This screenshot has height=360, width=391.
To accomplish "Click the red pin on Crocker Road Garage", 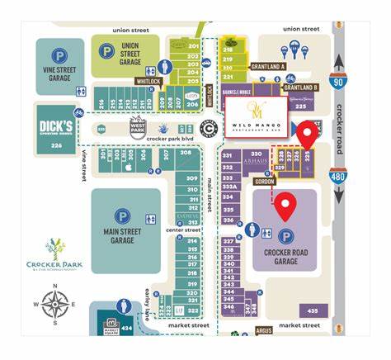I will (x=285, y=205).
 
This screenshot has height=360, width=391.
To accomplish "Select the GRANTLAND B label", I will (x=300, y=87).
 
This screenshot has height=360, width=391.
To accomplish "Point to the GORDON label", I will (x=264, y=182).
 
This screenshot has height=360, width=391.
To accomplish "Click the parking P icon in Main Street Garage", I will (x=122, y=217).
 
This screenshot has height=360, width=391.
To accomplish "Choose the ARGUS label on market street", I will (x=263, y=331).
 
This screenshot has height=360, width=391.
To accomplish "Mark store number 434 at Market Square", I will (x=126, y=328).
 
